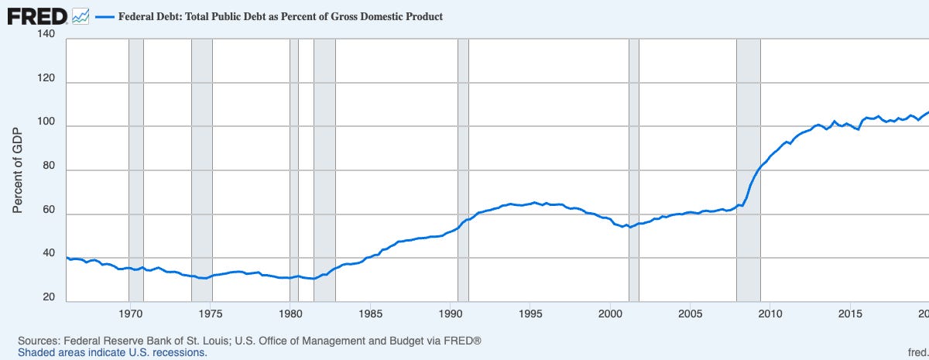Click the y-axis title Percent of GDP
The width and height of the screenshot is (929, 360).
(17, 170)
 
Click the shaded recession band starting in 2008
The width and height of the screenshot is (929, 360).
(749, 170)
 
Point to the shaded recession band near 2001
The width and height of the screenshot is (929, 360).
(634, 170)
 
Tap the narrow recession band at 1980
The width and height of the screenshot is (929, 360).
(294, 170)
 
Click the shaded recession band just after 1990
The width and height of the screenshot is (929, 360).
(463, 170)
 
